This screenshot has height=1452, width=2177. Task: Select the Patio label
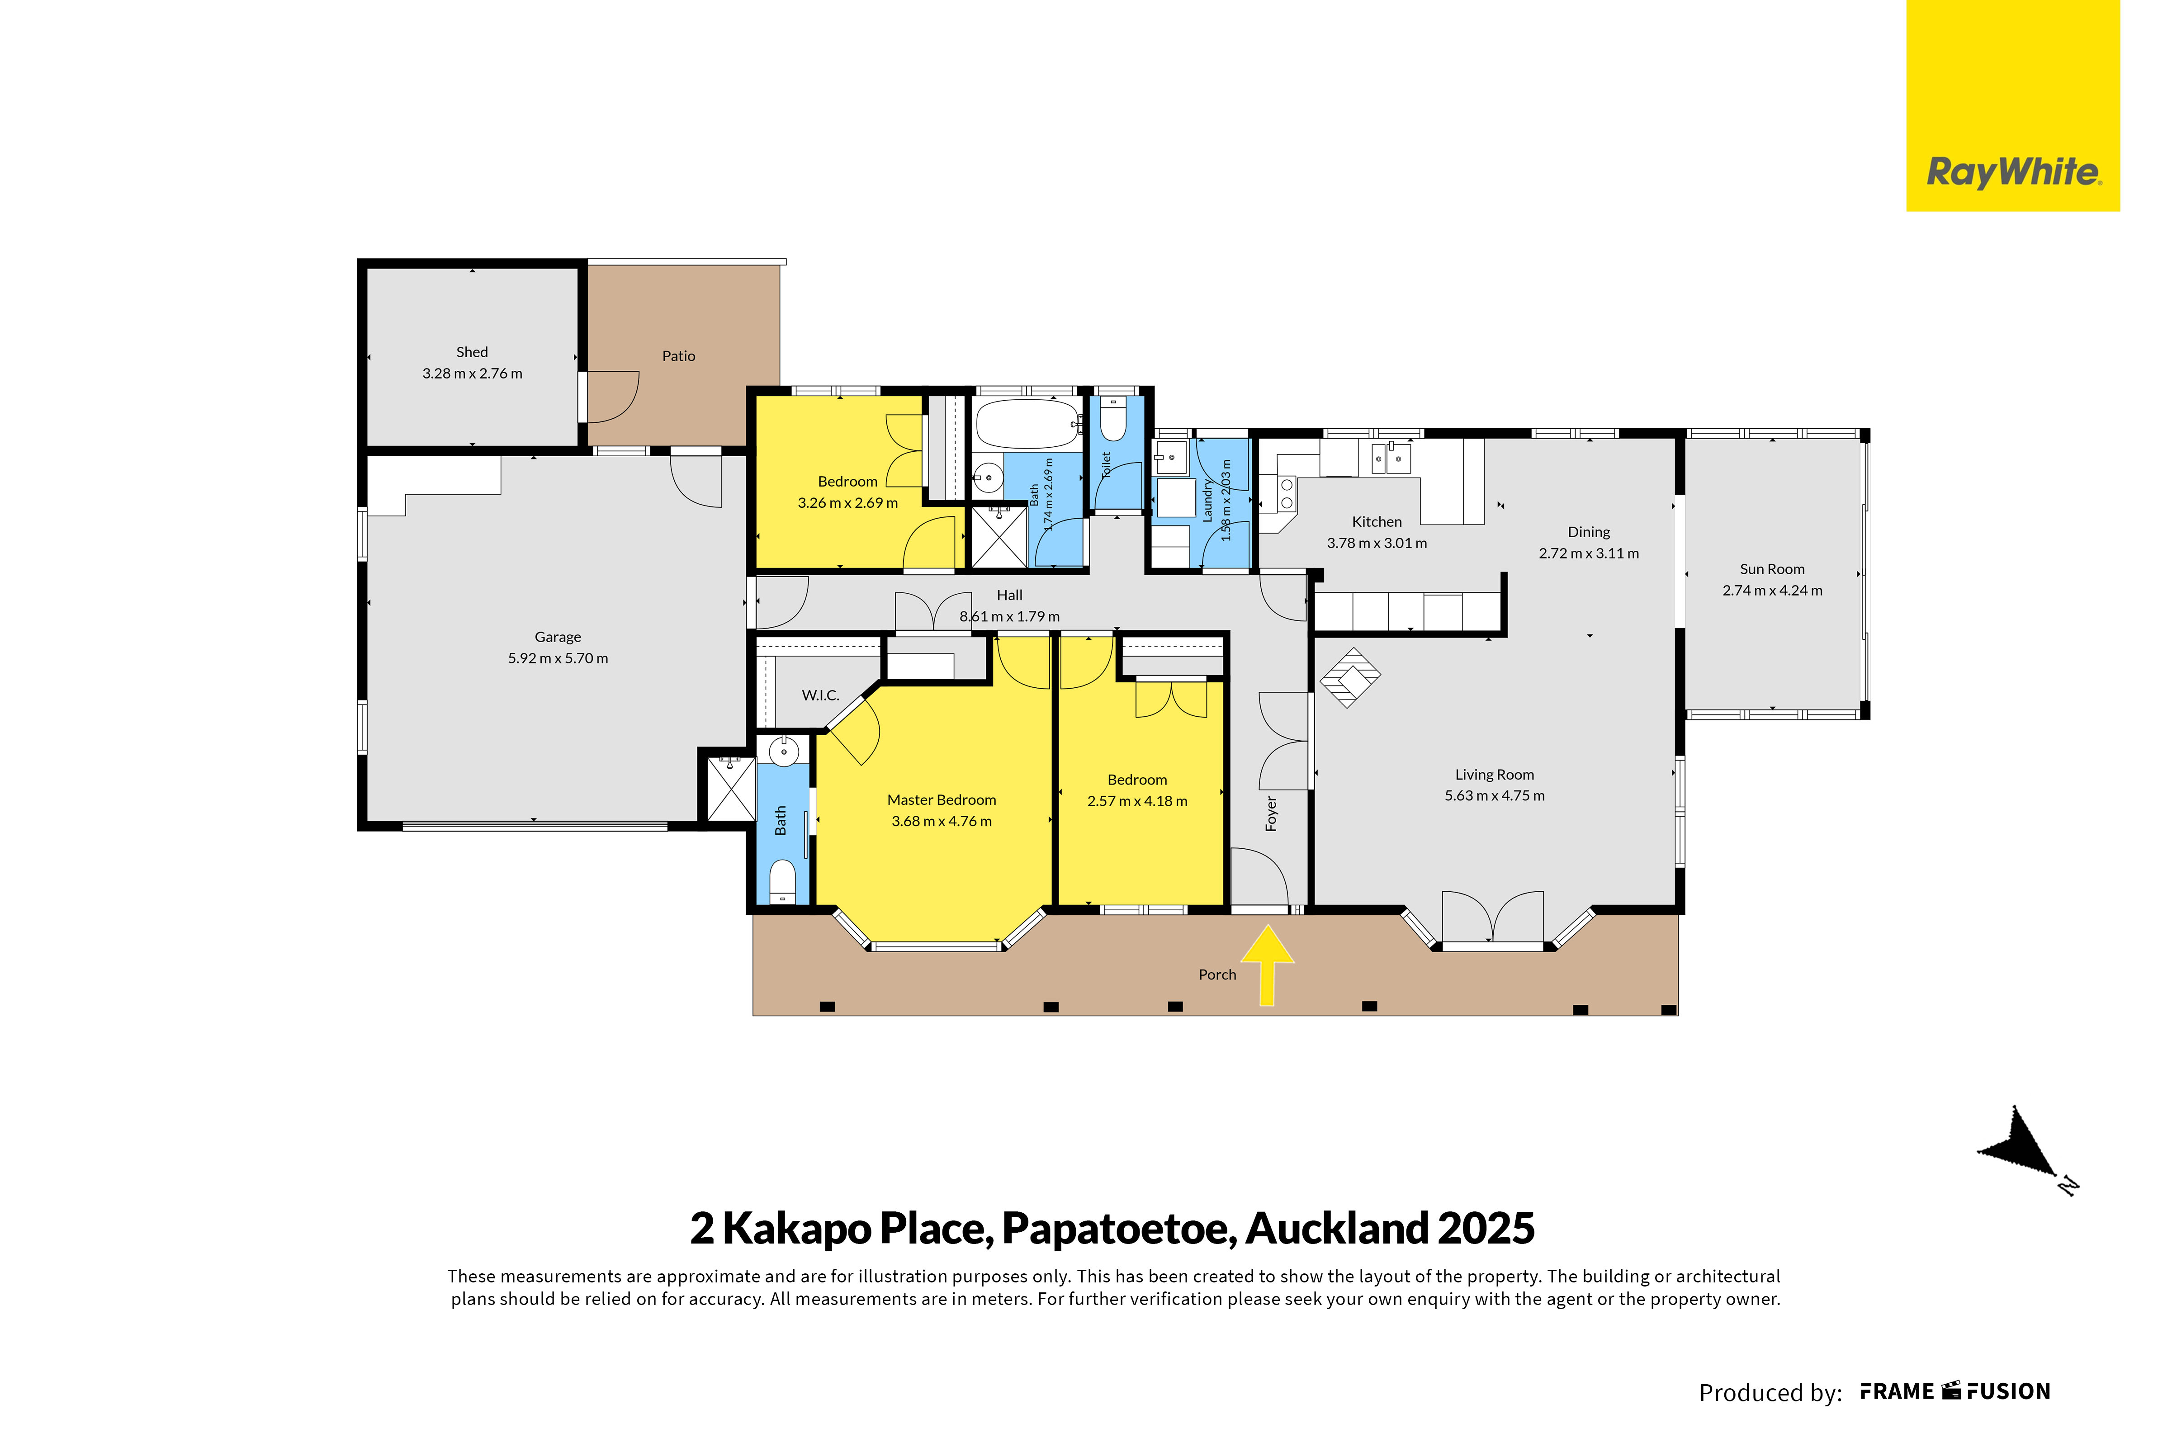coord(679,355)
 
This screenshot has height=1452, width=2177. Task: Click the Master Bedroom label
coord(942,800)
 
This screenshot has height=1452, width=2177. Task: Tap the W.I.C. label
coord(820,695)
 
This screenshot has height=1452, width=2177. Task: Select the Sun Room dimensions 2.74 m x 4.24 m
coord(1772,591)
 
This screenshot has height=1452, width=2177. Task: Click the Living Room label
coord(1495,775)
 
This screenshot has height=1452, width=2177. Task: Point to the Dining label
coord(1589,533)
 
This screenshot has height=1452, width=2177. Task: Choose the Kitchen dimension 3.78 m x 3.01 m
coord(1377,544)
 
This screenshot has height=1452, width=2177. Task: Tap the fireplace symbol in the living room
coord(1349,678)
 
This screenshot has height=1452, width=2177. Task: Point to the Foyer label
coord(1271,814)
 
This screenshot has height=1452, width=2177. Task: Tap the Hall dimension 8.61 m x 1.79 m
coord(1009,617)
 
